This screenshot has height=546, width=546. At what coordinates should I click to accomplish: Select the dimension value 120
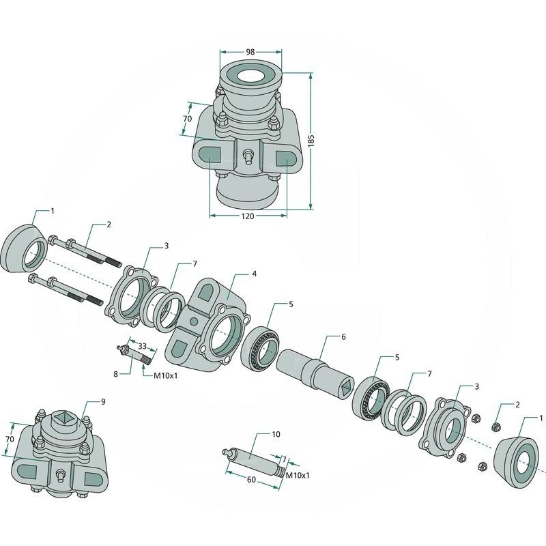coord(247,216)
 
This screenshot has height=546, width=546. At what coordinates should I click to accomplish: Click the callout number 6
coord(344,337)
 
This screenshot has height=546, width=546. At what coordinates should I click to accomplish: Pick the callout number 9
coord(103,402)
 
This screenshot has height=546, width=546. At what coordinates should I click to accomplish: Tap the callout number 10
coord(276,434)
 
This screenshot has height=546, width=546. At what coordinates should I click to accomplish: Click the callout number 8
coord(116,373)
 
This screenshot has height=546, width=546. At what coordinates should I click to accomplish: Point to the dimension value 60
coord(251,480)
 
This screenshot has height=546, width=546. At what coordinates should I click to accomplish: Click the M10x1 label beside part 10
coord(297,474)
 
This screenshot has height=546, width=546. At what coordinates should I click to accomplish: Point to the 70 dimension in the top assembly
coord(187,119)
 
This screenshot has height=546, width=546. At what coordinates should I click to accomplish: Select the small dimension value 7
coord(284,460)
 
